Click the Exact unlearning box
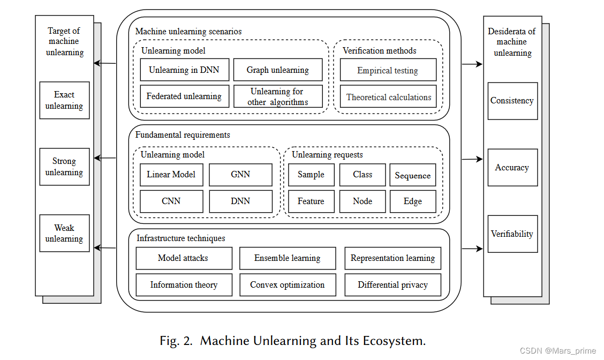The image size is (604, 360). pyautogui.click(x=64, y=100)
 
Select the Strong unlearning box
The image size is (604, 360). pyautogui.click(x=64, y=167)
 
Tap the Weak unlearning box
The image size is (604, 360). pyautogui.click(x=64, y=234)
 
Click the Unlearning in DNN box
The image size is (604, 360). pyautogui.click(x=184, y=70)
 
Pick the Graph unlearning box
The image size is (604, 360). pyautogui.click(x=278, y=70)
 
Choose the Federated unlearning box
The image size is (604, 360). pyautogui.click(x=184, y=96)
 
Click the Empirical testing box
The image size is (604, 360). pyautogui.click(x=388, y=70)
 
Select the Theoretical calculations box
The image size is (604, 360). pyautogui.click(x=388, y=97)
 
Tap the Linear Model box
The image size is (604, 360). pyautogui.click(x=171, y=175)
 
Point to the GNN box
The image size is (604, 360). pyautogui.click(x=240, y=175)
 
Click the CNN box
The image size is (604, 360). pyautogui.click(x=171, y=201)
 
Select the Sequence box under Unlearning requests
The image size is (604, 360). pyautogui.click(x=412, y=175)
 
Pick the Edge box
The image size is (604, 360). pyautogui.click(x=412, y=201)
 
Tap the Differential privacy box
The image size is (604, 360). pyautogui.click(x=392, y=285)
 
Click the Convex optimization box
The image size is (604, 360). pyautogui.click(x=288, y=285)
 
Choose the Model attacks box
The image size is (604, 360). pyautogui.click(x=184, y=258)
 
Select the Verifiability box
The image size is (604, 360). pyautogui.click(x=512, y=234)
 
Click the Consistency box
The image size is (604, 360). pyautogui.click(x=512, y=101)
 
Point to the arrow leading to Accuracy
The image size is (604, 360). pyautogui.click(x=472, y=159)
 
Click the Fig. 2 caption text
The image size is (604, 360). pyautogui.click(x=292, y=341)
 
